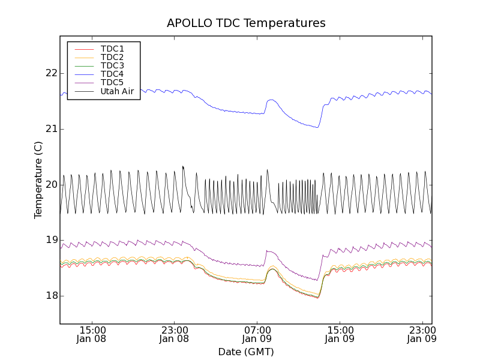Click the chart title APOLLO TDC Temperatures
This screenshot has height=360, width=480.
[246, 23]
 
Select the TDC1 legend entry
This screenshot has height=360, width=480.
[112, 49]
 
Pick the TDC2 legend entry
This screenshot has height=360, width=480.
[112, 57]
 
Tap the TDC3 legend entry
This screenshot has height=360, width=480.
[112, 65]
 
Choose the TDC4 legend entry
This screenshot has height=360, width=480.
[112, 74]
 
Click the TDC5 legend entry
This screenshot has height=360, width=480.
[112, 82]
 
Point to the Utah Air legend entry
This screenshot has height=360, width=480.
[117, 91]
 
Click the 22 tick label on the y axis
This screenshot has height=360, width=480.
[50, 73]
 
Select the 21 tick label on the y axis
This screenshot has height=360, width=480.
[50, 129]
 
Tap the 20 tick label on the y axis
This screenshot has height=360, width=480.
[50, 184]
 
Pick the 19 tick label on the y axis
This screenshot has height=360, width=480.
[50, 240]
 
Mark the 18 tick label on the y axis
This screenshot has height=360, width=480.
[50, 295]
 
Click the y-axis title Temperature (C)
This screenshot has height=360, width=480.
[38, 180]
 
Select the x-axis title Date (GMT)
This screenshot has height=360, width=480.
[246, 352]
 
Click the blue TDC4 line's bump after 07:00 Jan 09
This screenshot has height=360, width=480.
[272, 100]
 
